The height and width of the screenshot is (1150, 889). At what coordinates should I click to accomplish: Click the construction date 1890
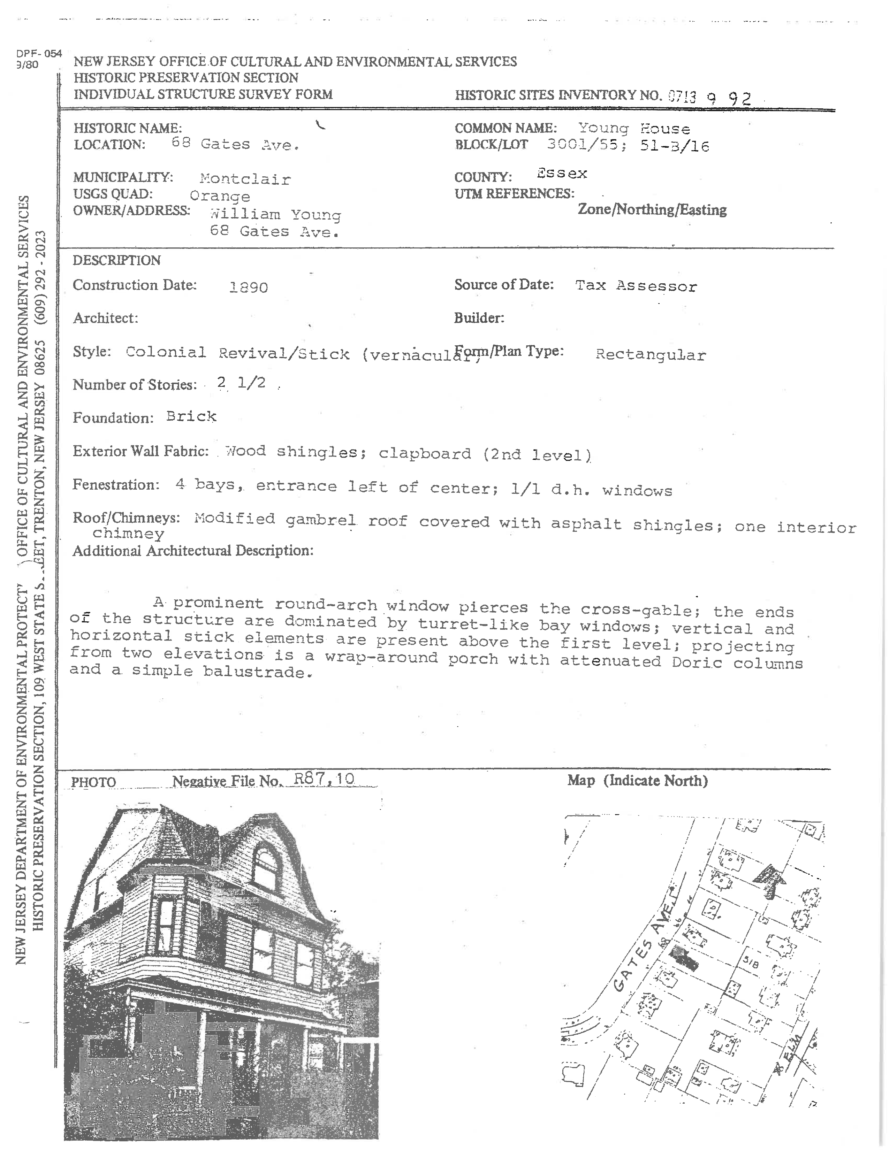coord(249,287)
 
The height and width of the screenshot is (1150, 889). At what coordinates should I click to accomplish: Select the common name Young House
coord(634,129)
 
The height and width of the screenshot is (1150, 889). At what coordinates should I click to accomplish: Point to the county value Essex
coord(562,173)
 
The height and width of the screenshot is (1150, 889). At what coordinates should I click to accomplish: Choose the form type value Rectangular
coord(651,354)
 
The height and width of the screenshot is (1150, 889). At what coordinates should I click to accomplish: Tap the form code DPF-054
coord(39,54)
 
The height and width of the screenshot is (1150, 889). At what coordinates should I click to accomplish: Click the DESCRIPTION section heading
coord(116,260)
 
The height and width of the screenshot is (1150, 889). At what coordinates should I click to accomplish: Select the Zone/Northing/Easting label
coord(652,209)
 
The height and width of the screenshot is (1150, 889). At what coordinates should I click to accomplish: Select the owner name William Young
coord(275,214)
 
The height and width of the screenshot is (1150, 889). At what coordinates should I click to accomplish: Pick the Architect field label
coord(105,318)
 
